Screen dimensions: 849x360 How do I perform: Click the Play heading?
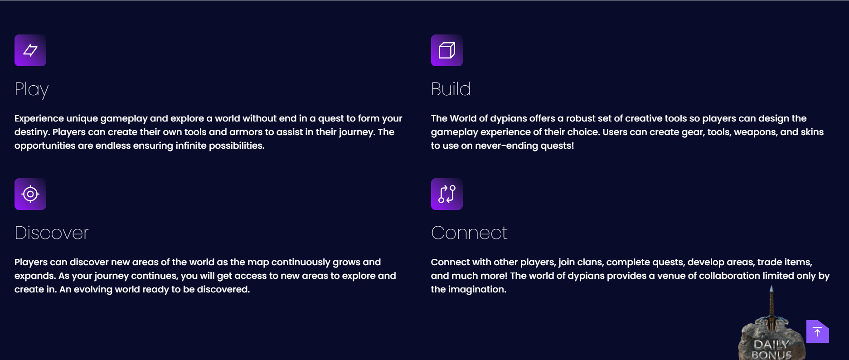(x=32, y=89)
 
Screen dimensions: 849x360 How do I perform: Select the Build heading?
(x=451, y=89)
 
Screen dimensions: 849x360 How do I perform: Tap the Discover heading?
(x=52, y=233)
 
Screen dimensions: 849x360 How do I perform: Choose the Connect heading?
(x=469, y=233)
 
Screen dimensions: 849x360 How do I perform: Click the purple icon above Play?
(x=30, y=50)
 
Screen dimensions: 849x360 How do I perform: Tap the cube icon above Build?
(x=447, y=50)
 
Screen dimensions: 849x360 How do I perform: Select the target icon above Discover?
(x=30, y=194)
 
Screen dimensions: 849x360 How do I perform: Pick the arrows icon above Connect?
(x=447, y=194)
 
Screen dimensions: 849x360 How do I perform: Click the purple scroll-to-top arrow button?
(x=818, y=331)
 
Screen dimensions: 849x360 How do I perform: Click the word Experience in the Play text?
(x=39, y=118)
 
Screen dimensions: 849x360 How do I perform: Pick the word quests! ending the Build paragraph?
(x=557, y=146)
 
